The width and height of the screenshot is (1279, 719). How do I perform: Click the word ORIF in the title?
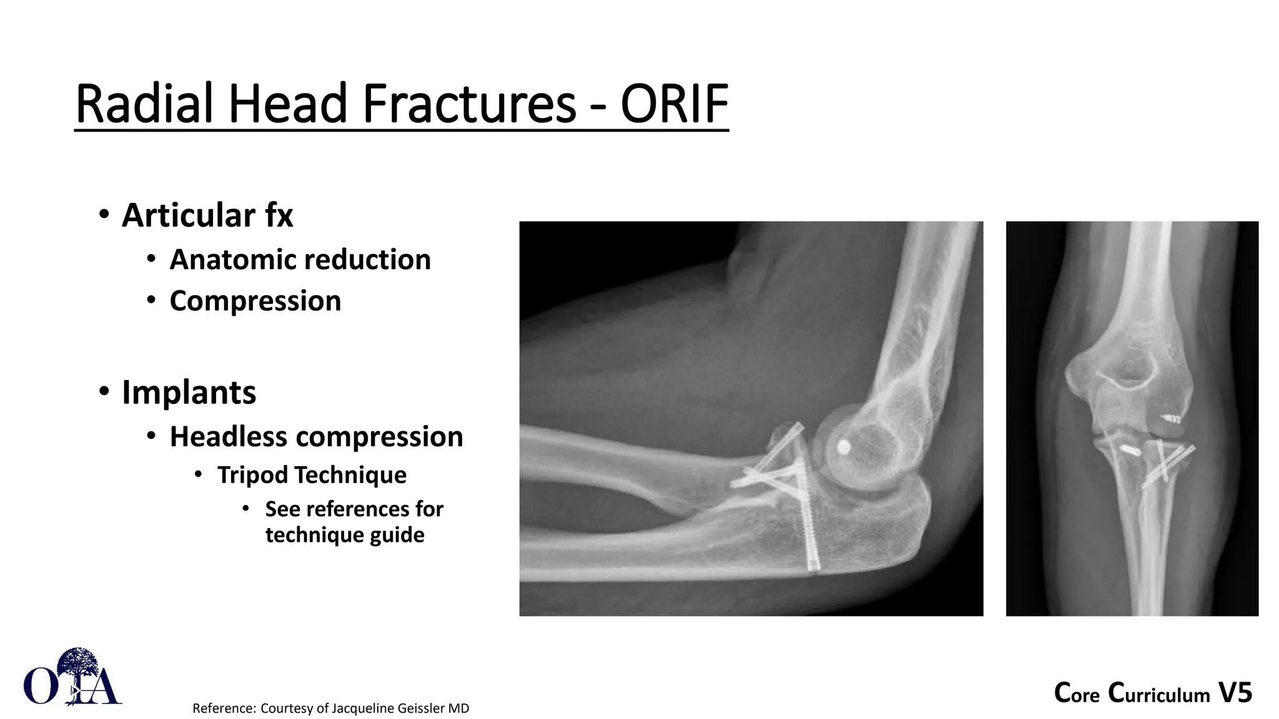674,104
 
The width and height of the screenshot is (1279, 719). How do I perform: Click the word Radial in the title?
147,104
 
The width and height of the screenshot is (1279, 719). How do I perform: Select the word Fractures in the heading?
468,104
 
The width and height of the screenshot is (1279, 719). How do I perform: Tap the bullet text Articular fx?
207,215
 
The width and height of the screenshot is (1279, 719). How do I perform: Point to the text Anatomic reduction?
300,260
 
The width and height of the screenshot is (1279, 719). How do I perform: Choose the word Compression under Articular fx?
255,301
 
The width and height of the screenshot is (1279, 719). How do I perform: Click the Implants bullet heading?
189,393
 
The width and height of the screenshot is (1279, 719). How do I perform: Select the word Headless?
224,436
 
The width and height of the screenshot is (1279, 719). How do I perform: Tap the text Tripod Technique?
312,475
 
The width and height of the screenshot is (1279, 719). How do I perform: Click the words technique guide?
345,535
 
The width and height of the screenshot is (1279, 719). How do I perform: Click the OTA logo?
72,678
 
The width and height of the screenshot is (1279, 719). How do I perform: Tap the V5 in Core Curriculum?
1235,693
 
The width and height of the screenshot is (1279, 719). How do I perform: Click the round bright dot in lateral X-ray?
843,446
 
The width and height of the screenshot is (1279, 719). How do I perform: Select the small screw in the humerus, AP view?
1172,418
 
